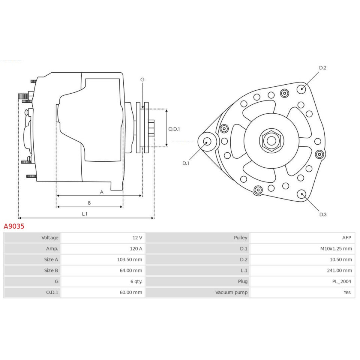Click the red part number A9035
tap(14, 226)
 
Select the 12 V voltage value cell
tap(137, 238)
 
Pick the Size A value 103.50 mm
tap(130, 259)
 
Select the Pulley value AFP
tap(346, 238)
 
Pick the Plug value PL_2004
tap(341, 281)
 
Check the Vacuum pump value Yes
tap(347, 292)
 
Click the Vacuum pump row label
tap(231, 292)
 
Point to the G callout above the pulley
tap(142, 79)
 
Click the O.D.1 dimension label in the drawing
tap(174, 129)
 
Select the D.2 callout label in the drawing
tap(322, 68)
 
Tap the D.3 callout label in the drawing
tap(322, 214)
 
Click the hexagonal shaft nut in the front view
tap(271, 141)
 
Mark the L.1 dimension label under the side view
tap(85, 214)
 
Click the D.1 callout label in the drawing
tap(186, 163)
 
